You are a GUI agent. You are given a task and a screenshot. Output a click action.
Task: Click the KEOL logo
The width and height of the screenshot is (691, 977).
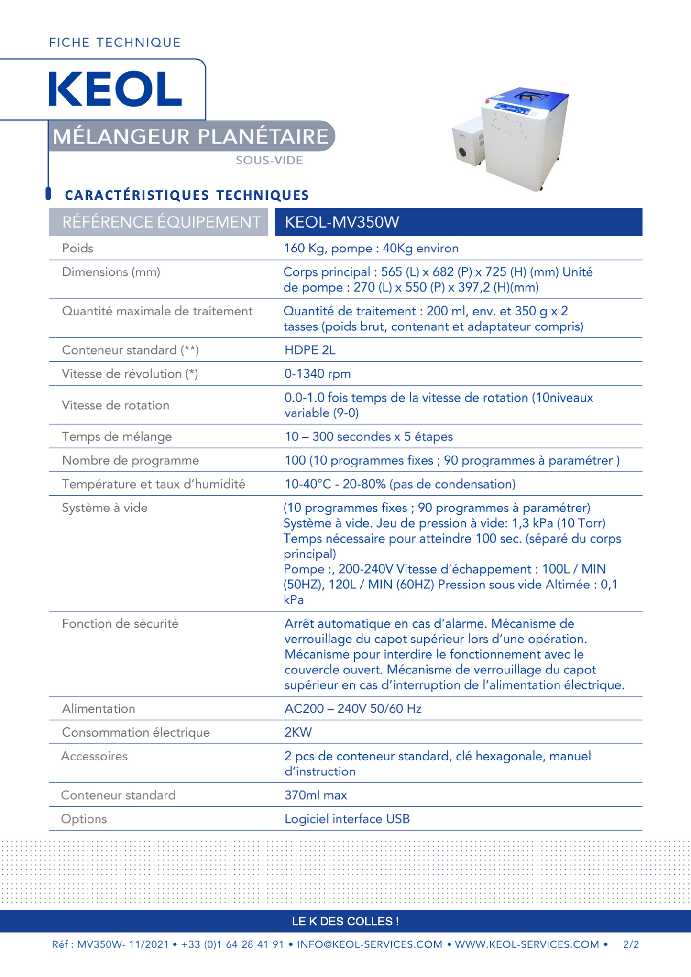[x=115, y=89]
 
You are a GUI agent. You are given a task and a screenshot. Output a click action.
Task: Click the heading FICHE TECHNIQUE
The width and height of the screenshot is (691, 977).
[x=115, y=43]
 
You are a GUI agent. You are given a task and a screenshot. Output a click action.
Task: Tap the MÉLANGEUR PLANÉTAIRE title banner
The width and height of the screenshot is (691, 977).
[x=191, y=136]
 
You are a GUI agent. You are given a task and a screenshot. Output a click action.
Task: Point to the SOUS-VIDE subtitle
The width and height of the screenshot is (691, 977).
[x=269, y=161]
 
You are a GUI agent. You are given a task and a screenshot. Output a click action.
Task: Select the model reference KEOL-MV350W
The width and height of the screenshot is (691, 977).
[x=341, y=222]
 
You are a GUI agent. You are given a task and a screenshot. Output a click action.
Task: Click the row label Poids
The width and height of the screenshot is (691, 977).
[x=77, y=249]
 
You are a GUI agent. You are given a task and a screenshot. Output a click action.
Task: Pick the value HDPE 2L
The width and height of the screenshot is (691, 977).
[x=310, y=350]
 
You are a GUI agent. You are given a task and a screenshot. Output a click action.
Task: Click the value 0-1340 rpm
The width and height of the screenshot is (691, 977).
[x=317, y=374]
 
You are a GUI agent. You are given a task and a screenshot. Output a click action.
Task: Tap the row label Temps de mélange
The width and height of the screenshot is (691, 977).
[x=117, y=437]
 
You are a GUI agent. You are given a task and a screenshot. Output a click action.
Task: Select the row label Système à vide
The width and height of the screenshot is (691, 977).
[x=104, y=508]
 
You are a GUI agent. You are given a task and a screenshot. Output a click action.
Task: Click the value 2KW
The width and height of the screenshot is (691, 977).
[x=298, y=732]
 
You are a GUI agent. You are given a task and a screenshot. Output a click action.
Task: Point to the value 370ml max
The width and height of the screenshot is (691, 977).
[x=316, y=795]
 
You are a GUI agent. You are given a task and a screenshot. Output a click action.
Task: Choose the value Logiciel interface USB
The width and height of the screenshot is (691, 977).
[x=347, y=819]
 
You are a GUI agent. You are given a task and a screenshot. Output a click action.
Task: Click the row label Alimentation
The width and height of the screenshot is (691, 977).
[x=99, y=709]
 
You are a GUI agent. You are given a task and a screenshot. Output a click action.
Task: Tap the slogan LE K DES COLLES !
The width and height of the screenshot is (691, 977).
[x=345, y=922]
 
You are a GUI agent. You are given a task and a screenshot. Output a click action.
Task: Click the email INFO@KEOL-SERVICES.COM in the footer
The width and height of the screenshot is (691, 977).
[x=370, y=945]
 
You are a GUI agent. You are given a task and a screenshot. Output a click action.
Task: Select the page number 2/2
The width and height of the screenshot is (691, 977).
[x=631, y=945]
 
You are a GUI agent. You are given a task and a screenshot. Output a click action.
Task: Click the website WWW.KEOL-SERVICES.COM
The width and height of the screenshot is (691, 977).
[x=526, y=945]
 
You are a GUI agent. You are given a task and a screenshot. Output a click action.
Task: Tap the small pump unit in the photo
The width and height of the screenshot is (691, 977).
[x=466, y=143]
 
